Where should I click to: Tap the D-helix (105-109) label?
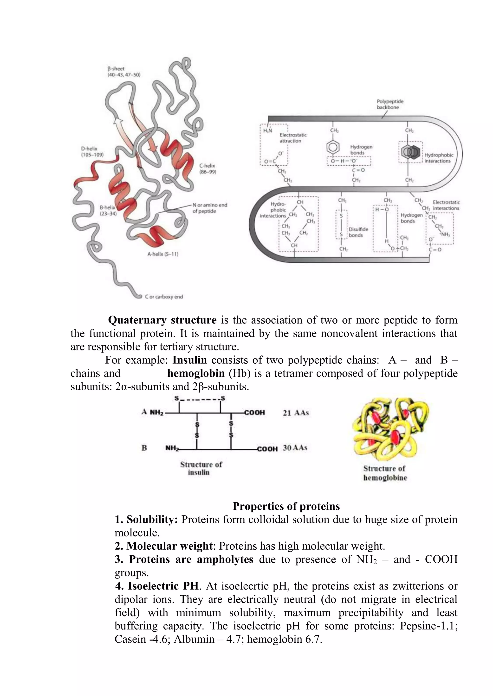point(92,152)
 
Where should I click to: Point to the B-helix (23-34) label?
point(108,210)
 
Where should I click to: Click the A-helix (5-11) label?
point(163,254)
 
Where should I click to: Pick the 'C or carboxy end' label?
point(164,297)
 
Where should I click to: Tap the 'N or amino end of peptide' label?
point(210,208)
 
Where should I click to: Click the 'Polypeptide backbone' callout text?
point(390,104)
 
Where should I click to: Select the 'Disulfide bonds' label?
point(358,232)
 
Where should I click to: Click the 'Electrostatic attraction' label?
point(293,138)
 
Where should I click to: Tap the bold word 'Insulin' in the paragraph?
point(190,360)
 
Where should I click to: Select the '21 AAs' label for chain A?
point(296,413)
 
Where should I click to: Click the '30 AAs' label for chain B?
point(295,448)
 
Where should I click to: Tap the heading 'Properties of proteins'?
point(286,506)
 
